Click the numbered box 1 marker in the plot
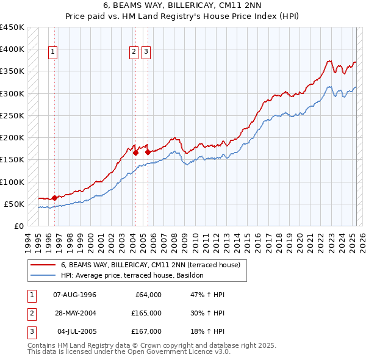point(54,52)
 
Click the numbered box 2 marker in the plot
point(134,52)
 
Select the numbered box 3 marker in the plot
point(146,52)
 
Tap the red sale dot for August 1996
point(54,197)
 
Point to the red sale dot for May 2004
point(135,153)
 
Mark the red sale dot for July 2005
point(147,152)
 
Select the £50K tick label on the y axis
point(15,204)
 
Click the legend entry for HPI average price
point(135,276)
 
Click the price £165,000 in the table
point(146,313)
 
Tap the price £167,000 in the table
point(146,331)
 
